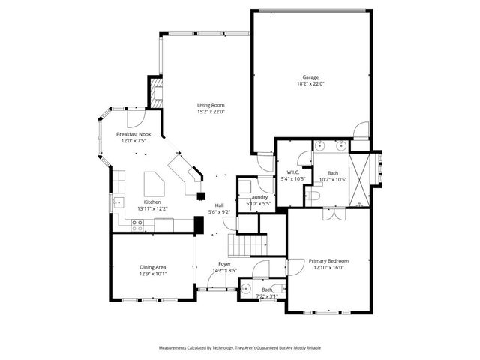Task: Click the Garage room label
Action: [x=310, y=77]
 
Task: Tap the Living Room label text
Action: [x=211, y=105]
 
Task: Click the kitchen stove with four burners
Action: [x=138, y=223]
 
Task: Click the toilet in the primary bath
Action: [x=314, y=194]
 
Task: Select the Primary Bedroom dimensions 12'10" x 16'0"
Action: [x=328, y=268]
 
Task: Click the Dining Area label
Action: [x=153, y=267]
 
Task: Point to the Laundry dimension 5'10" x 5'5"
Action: [x=254, y=204]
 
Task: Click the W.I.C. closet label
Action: [x=292, y=173]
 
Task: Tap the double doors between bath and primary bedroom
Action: [x=329, y=214]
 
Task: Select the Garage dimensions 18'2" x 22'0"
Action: [x=310, y=84]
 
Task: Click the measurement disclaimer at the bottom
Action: [x=239, y=347]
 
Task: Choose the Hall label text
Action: [x=220, y=205]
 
